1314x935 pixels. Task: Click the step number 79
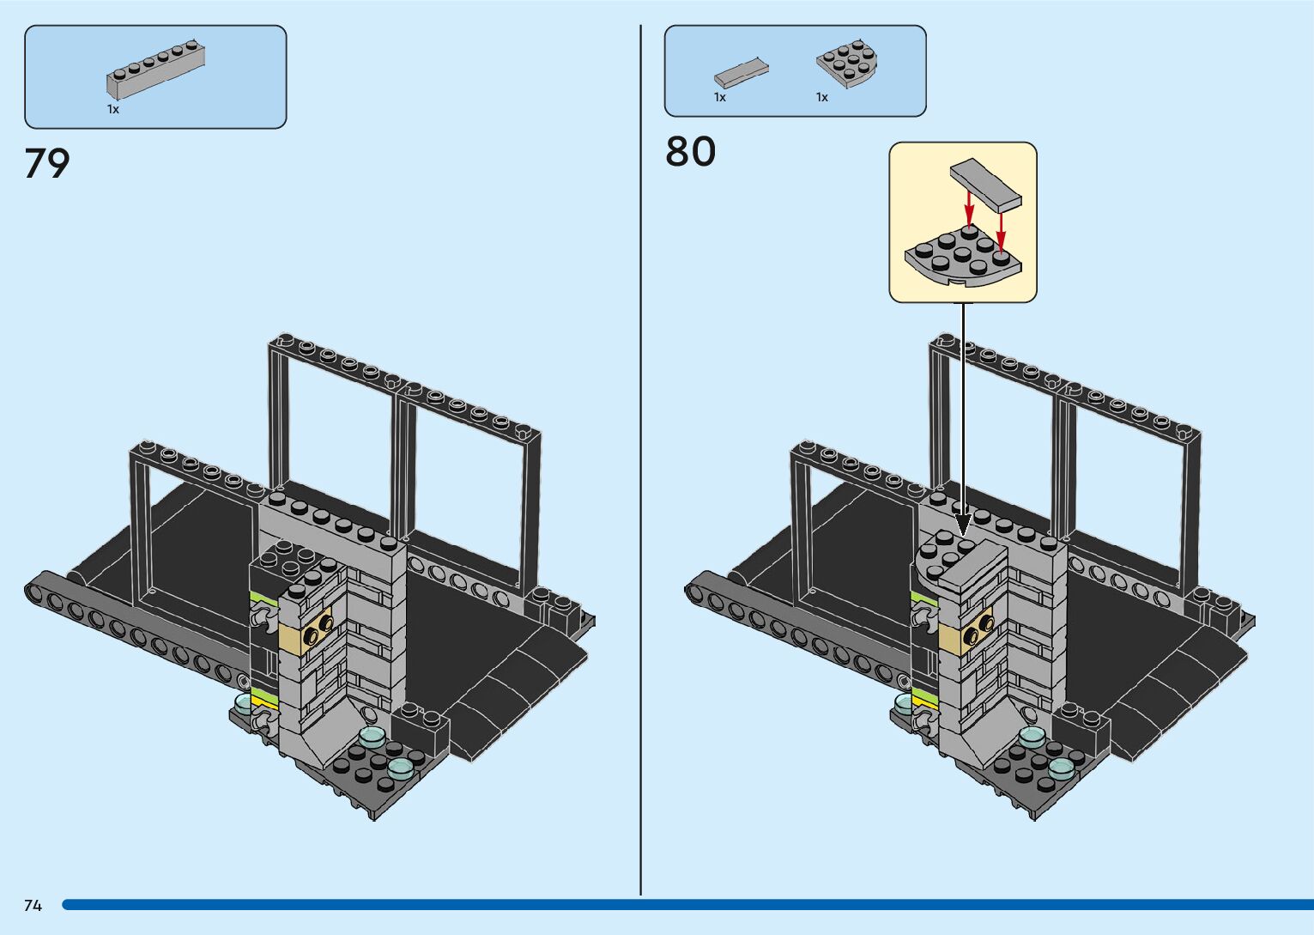pyautogui.click(x=47, y=163)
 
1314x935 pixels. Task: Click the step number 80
pyautogui.click(x=690, y=152)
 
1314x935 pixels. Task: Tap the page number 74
pyautogui.click(x=33, y=906)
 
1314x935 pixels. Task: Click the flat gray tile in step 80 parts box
pyautogui.click(x=741, y=73)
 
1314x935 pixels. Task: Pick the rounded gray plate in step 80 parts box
pyautogui.click(x=846, y=63)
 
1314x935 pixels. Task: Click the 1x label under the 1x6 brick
pyautogui.click(x=113, y=110)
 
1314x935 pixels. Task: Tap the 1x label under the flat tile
pyautogui.click(x=720, y=98)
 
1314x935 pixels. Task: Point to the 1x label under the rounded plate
pyautogui.click(x=822, y=98)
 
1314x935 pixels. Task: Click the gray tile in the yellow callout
pyautogui.click(x=985, y=184)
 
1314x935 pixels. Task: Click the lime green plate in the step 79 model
pyautogui.click(x=257, y=596)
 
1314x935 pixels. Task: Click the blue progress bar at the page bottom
pyautogui.click(x=687, y=905)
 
